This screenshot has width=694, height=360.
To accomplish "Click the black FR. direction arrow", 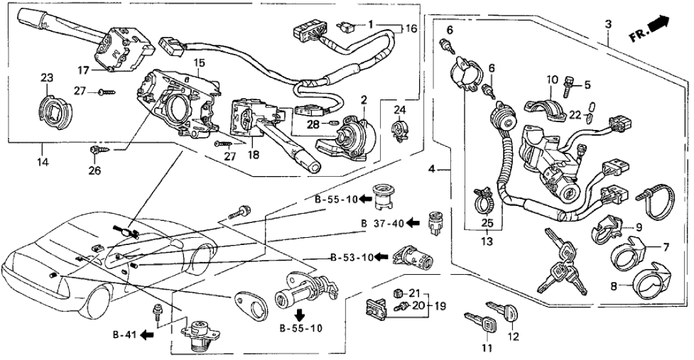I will tap(659, 25).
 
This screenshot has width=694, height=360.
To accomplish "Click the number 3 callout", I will tap(608, 24).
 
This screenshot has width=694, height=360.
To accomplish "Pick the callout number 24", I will tap(399, 109).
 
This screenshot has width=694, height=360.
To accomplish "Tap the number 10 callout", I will tap(551, 80).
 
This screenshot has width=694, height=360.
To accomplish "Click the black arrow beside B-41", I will tap(147, 335).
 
